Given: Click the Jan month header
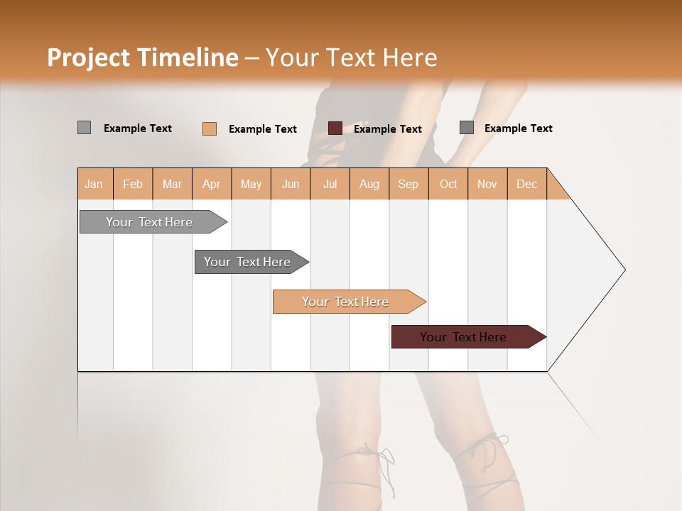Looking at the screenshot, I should [94, 184].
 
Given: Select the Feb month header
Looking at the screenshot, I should [133, 184].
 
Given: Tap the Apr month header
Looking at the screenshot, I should [212, 184].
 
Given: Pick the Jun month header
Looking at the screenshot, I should [291, 184].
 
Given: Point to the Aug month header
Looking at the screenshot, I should [369, 184].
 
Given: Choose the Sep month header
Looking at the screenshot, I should [408, 184].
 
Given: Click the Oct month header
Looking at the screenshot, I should [448, 184].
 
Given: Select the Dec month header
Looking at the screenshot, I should [527, 184].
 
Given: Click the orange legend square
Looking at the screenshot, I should [210, 128].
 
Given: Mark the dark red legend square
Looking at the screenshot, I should [335, 128].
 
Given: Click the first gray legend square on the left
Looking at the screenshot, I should [85, 128].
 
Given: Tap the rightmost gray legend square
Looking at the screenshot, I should [467, 128].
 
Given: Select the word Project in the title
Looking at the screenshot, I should [89, 57].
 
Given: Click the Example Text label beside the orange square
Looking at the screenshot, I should [263, 129].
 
